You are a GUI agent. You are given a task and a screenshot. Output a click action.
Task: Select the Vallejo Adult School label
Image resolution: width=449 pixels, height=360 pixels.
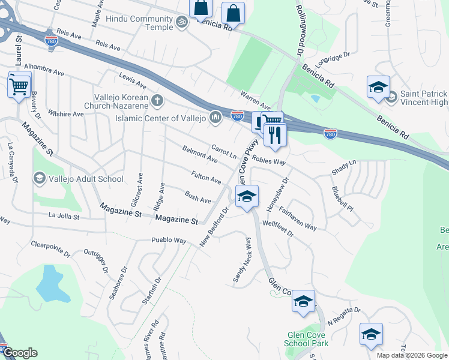[x=86, y=179]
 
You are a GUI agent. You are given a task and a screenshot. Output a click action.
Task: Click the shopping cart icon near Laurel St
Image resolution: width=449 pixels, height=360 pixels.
[x=19, y=85]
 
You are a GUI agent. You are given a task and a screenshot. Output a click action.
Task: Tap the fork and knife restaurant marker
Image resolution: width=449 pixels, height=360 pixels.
[x=276, y=134]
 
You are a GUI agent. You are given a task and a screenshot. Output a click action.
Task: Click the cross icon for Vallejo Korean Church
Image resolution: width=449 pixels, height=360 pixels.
[x=157, y=100]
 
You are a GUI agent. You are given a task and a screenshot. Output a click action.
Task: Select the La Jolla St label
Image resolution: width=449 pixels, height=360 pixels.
[x=63, y=216]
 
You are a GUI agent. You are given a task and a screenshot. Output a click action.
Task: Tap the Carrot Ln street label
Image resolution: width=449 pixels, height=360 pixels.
[x=224, y=151]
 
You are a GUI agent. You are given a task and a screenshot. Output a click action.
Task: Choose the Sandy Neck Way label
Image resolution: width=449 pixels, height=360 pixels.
[x=242, y=260]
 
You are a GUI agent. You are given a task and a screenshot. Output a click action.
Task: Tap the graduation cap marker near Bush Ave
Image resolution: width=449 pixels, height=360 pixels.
[x=247, y=196]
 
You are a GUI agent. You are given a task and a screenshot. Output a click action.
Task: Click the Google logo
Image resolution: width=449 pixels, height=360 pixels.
[x=20, y=352]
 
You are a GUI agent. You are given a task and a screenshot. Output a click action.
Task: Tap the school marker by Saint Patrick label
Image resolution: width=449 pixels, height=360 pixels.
[x=378, y=87]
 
